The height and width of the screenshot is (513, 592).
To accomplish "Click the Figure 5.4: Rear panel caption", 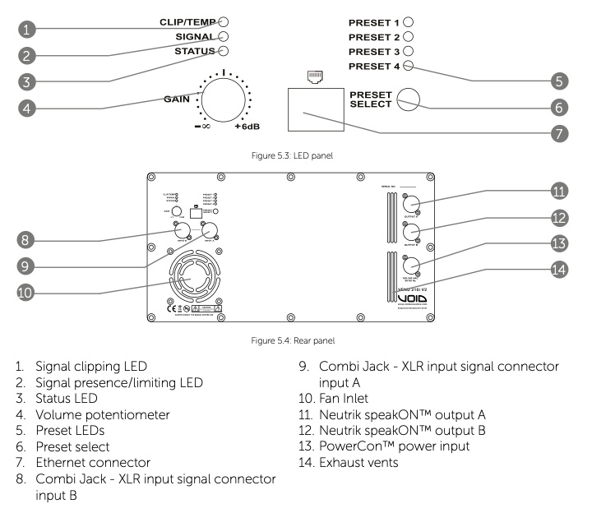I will (295, 336).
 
